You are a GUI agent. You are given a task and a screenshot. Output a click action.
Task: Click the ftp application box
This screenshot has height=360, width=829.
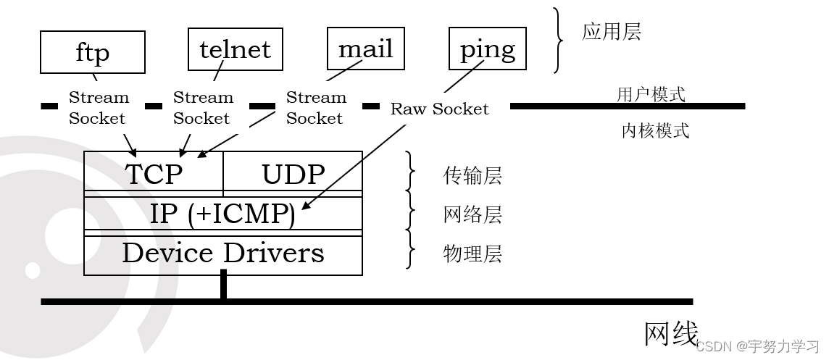pyautogui.click(x=92, y=52)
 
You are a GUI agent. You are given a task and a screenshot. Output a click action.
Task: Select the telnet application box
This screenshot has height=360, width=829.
pyautogui.click(x=235, y=49)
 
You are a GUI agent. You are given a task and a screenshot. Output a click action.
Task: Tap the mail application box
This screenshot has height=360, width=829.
pyautogui.click(x=365, y=49)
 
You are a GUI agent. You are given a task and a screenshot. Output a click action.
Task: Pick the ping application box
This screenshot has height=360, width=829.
pyautogui.click(x=487, y=49)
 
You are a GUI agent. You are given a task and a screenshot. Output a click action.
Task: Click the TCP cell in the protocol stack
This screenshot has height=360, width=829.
pyautogui.click(x=154, y=174)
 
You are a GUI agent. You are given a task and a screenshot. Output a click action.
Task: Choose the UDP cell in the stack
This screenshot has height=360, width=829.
pyautogui.click(x=293, y=174)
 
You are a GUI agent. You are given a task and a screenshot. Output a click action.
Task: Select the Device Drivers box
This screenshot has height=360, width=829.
pyautogui.click(x=222, y=254)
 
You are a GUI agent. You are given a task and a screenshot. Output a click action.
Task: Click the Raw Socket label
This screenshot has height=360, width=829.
pyautogui.click(x=439, y=109)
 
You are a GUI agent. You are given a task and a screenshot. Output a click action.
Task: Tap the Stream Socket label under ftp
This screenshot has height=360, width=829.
pyautogui.click(x=98, y=108)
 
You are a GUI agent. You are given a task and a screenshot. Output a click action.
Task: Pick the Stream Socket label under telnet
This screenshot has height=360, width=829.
pyautogui.click(x=203, y=108)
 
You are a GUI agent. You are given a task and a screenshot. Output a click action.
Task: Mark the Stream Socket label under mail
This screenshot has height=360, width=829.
pyautogui.click(x=315, y=108)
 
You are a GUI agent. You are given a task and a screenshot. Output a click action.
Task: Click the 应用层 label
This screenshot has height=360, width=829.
pyautogui.click(x=611, y=33)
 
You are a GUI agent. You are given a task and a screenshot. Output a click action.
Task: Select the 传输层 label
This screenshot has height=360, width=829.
pyautogui.click(x=472, y=176)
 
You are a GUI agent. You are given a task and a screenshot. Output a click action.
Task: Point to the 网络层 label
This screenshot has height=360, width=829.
pyautogui.click(x=472, y=215)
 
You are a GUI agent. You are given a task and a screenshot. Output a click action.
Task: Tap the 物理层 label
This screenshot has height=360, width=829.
pyautogui.click(x=472, y=254)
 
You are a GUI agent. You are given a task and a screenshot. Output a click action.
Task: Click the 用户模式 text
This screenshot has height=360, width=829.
pyautogui.click(x=650, y=94)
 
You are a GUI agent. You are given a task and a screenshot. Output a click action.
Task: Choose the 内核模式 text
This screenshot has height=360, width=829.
pyautogui.click(x=655, y=131)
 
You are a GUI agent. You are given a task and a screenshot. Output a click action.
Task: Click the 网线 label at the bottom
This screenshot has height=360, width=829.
pyautogui.click(x=671, y=335)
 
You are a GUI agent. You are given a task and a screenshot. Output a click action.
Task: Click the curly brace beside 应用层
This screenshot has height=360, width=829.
pyautogui.click(x=559, y=41)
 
